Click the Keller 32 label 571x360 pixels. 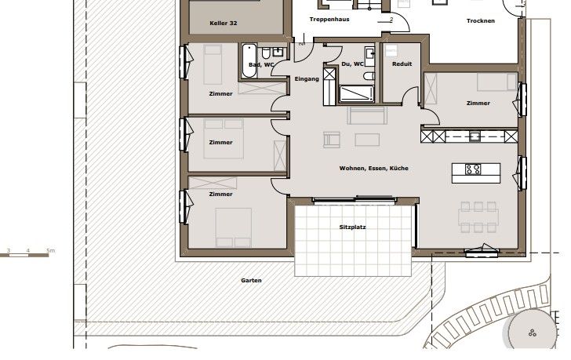coord(224,24)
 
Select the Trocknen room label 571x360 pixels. coord(480,21)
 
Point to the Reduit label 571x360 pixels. coord(402,64)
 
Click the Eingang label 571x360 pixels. coord(307,79)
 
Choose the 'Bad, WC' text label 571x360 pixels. coord(261,64)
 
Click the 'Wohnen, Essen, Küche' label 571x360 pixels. coord(373,169)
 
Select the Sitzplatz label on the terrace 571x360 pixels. coord(352,227)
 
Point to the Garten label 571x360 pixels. coord(251,280)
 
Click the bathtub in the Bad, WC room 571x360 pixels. coord(248,60)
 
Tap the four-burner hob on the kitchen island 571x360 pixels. coord(473,169)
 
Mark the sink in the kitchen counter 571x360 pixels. coord(475,136)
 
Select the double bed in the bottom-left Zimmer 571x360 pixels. coord(234,226)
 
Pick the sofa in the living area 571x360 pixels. coord(368,115)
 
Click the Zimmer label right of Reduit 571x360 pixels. coord(477,103)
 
